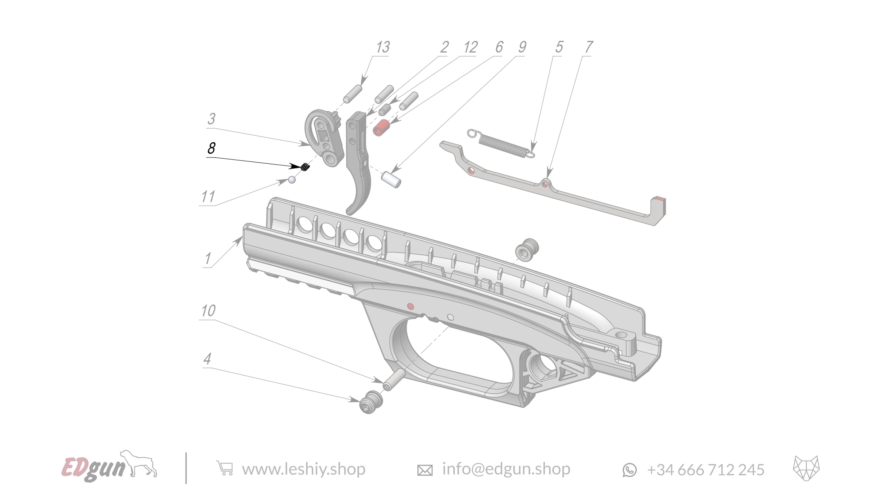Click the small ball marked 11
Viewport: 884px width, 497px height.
(x=292, y=180)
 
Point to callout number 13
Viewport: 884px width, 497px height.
(x=383, y=47)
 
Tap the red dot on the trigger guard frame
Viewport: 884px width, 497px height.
(x=410, y=306)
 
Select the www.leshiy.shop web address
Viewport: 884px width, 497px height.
(x=304, y=469)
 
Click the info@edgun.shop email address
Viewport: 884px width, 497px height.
(x=506, y=469)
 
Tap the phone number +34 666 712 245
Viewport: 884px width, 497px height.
(x=706, y=470)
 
